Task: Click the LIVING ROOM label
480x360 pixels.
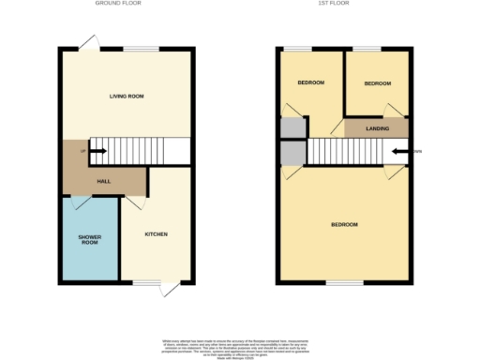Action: coord(127,96)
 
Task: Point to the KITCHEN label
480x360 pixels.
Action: coord(156,233)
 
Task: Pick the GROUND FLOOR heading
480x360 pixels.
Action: coord(117,4)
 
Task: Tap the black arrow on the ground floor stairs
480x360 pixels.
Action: coord(92,150)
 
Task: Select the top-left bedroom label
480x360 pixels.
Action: coord(310,83)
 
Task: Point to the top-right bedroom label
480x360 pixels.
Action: coord(377,83)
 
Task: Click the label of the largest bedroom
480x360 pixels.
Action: coord(343,225)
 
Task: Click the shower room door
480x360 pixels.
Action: coord(79,201)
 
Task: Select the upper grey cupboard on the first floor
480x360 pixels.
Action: coord(292,127)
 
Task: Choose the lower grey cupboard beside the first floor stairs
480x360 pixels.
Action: coord(292,152)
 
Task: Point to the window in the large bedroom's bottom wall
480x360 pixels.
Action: coord(344,281)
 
